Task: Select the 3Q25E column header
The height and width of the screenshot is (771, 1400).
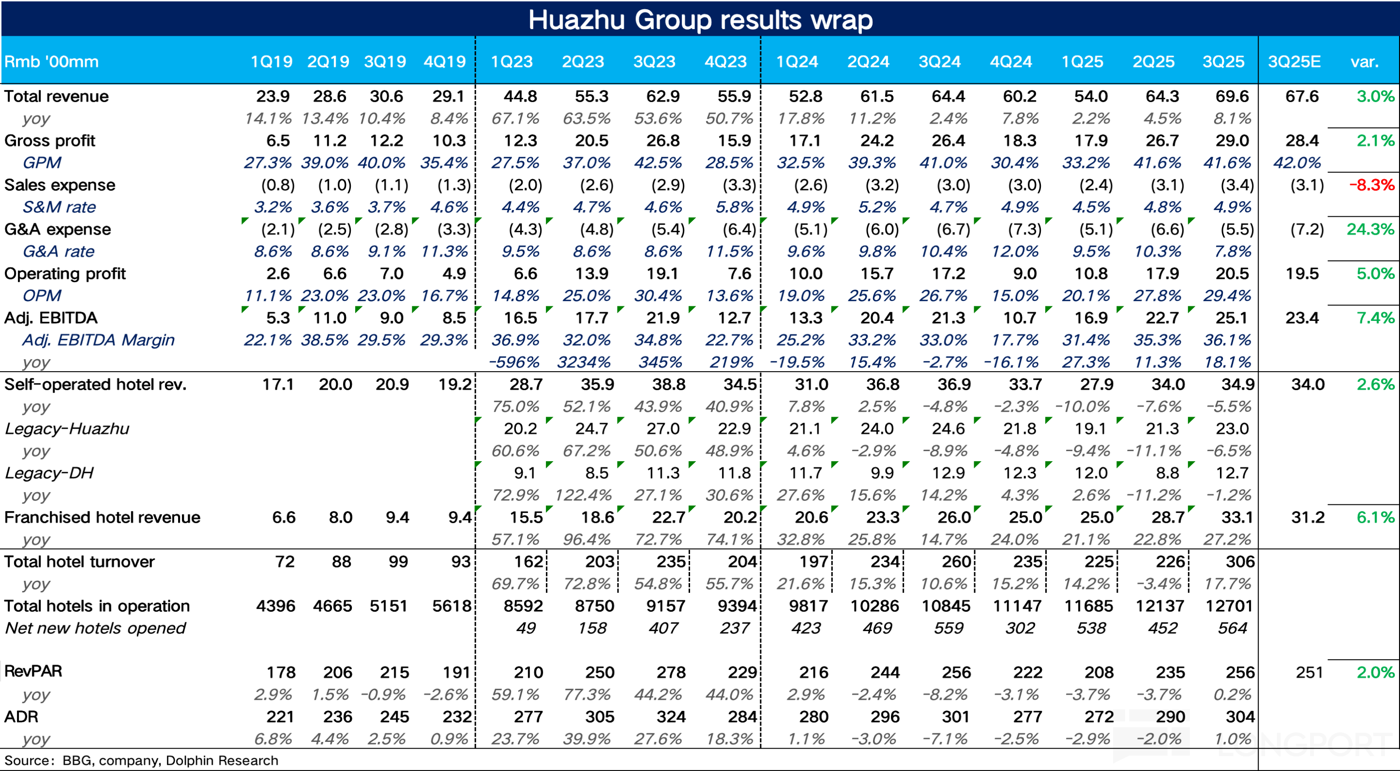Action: point(1294,61)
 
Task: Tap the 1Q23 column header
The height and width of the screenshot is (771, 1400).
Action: point(511,61)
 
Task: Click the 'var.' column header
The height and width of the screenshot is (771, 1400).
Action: point(1364,61)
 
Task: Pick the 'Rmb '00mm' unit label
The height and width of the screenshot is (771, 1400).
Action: point(52,61)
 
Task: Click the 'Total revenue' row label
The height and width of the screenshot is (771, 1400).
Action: point(57,96)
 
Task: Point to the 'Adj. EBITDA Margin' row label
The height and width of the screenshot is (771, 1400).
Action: point(98,340)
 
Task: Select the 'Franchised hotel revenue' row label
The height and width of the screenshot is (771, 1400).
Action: point(102,517)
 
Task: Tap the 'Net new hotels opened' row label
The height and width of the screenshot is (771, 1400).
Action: point(95,628)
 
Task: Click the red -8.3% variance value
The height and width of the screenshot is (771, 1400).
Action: point(1371,185)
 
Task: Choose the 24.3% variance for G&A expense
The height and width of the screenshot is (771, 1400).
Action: point(1370,229)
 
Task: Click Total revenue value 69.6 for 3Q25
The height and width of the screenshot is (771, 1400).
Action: point(1232,96)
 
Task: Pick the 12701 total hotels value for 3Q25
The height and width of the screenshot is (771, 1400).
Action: point(1229,605)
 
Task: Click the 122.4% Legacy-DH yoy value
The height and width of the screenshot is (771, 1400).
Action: point(583,495)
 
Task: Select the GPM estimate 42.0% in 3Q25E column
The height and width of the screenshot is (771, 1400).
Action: point(1296,163)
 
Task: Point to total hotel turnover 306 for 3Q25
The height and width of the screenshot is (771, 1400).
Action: point(1239,561)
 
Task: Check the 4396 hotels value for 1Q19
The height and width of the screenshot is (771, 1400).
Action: point(275,605)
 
